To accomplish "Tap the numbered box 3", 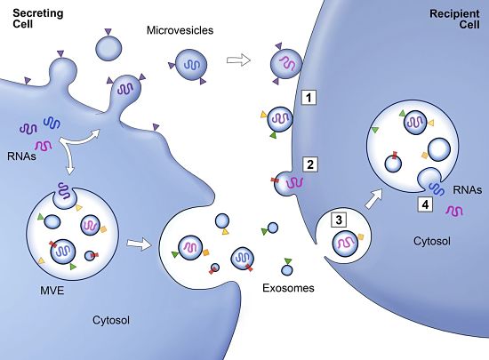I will click(x=337, y=219).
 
